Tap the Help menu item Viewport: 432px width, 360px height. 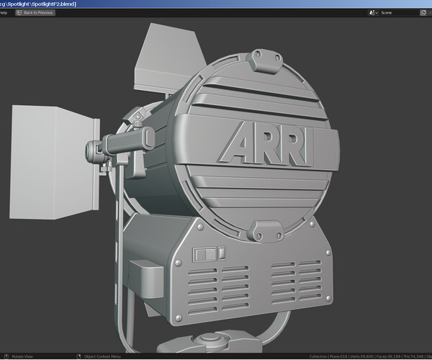pos(4,13)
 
